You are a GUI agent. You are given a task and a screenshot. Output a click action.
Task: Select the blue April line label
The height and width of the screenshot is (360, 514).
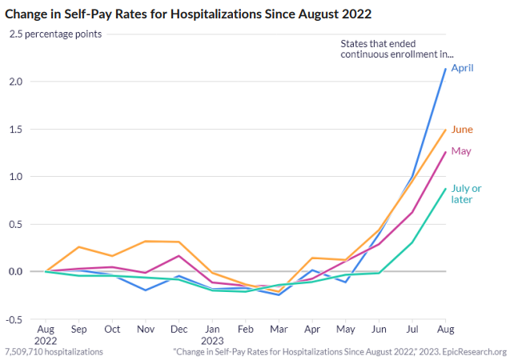point(462,68)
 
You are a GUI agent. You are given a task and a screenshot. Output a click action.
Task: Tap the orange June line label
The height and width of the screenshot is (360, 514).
point(462,130)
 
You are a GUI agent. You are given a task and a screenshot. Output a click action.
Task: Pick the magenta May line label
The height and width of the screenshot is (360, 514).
point(460,151)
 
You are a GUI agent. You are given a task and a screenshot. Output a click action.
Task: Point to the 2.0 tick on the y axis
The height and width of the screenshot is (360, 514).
point(18,82)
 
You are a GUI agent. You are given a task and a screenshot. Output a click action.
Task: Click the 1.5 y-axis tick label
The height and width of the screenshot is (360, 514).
point(18,129)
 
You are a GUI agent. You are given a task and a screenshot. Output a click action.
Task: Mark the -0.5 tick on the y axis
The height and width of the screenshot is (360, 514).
point(16,318)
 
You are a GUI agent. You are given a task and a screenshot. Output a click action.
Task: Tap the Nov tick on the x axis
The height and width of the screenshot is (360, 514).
point(145,329)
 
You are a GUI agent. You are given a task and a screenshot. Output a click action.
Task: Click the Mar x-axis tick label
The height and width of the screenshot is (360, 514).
point(279,329)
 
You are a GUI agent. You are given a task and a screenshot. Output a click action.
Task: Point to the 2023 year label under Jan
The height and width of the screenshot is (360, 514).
point(212,339)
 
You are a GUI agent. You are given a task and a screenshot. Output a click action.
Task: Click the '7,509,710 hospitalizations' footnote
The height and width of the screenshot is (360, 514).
point(53,351)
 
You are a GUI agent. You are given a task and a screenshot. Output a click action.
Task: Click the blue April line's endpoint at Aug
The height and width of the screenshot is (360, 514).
point(445,69)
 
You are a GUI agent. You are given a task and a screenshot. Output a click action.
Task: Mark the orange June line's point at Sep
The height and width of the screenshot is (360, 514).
point(78,247)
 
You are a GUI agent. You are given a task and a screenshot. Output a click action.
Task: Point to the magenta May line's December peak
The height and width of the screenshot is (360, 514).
point(179,256)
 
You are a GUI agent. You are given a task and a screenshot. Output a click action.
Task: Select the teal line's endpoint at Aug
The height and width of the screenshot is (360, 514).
point(445,189)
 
